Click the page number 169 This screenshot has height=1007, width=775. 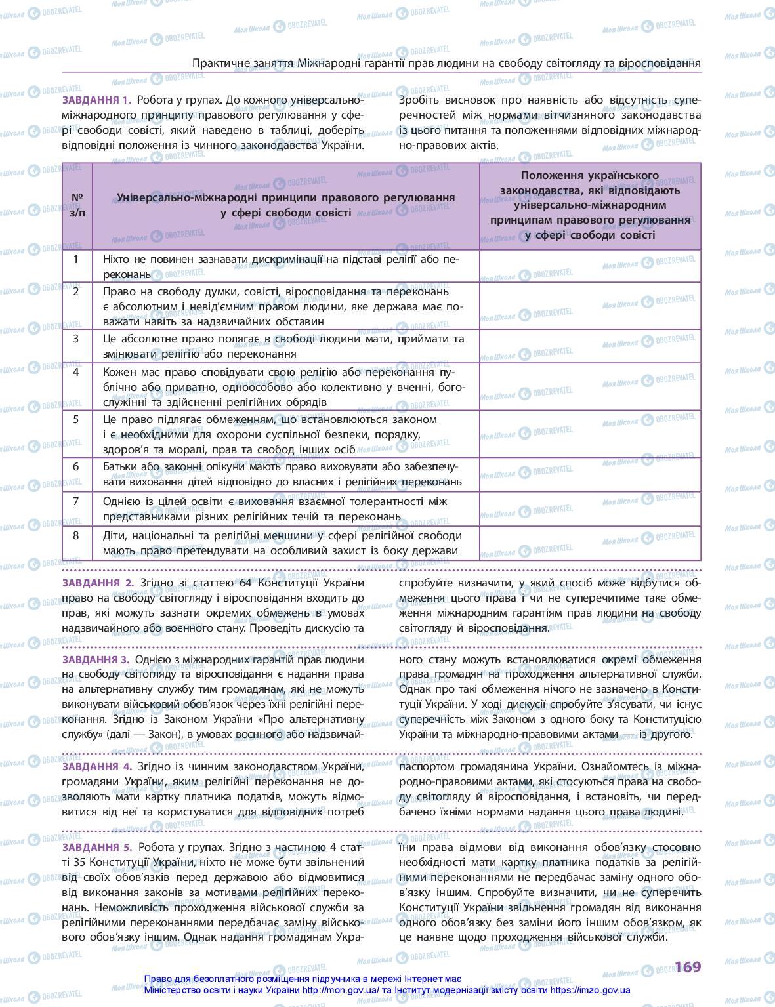pos(688,966)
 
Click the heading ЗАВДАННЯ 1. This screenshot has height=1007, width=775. pos(96,100)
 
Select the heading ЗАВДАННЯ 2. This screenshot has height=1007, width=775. pos(98,583)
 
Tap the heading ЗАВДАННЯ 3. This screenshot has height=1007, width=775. pos(96,659)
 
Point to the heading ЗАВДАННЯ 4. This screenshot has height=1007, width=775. pos(97,766)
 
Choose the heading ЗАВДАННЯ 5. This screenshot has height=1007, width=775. pos(97,847)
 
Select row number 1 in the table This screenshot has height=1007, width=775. pos(76,259)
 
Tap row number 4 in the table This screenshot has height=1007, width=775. pos(76,372)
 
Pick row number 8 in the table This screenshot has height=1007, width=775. pos(76,535)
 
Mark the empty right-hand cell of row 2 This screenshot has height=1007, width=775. pos(590,306)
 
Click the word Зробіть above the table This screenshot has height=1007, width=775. pos(421,100)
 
